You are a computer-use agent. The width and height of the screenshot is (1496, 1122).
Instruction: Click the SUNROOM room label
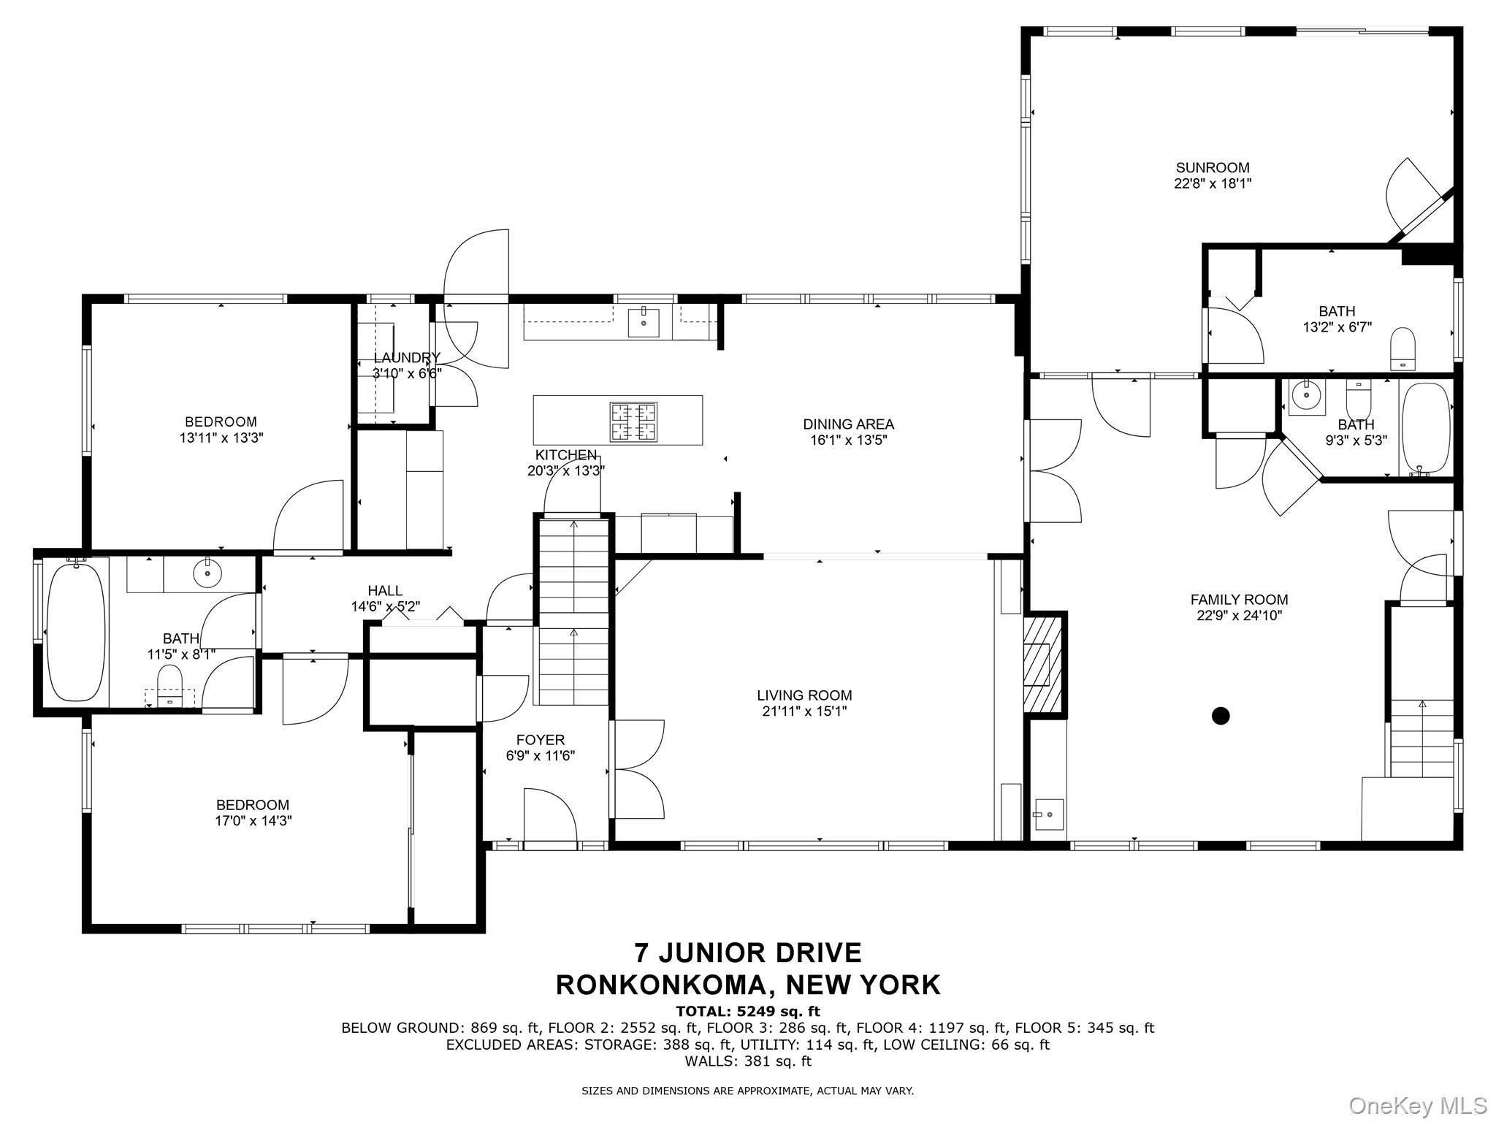click(1213, 167)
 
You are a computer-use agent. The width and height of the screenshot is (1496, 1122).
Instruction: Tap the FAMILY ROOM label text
click(1239, 600)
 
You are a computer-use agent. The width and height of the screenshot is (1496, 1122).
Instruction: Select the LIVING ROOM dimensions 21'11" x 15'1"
click(804, 711)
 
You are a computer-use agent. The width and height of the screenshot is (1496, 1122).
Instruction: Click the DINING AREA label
click(848, 424)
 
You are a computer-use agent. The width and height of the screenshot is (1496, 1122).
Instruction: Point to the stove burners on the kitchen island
click(633, 421)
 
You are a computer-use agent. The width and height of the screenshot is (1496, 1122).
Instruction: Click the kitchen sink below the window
click(644, 322)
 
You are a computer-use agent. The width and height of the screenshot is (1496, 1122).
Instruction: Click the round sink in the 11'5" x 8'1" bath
click(208, 573)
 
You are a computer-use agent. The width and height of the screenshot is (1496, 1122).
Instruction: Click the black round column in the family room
click(1221, 716)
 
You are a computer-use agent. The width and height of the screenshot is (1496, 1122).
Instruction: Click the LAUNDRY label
click(407, 357)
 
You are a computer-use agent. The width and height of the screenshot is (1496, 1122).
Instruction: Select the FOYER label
click(540, 740)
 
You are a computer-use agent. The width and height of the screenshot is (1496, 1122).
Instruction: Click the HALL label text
click(385, 590)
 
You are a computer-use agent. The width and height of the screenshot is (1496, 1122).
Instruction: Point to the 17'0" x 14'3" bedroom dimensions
click(253, 820)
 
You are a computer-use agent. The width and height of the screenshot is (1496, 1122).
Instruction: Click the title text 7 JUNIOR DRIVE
click(748, 953)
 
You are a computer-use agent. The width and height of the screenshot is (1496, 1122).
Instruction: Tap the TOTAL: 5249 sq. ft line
click(748, 1011)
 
